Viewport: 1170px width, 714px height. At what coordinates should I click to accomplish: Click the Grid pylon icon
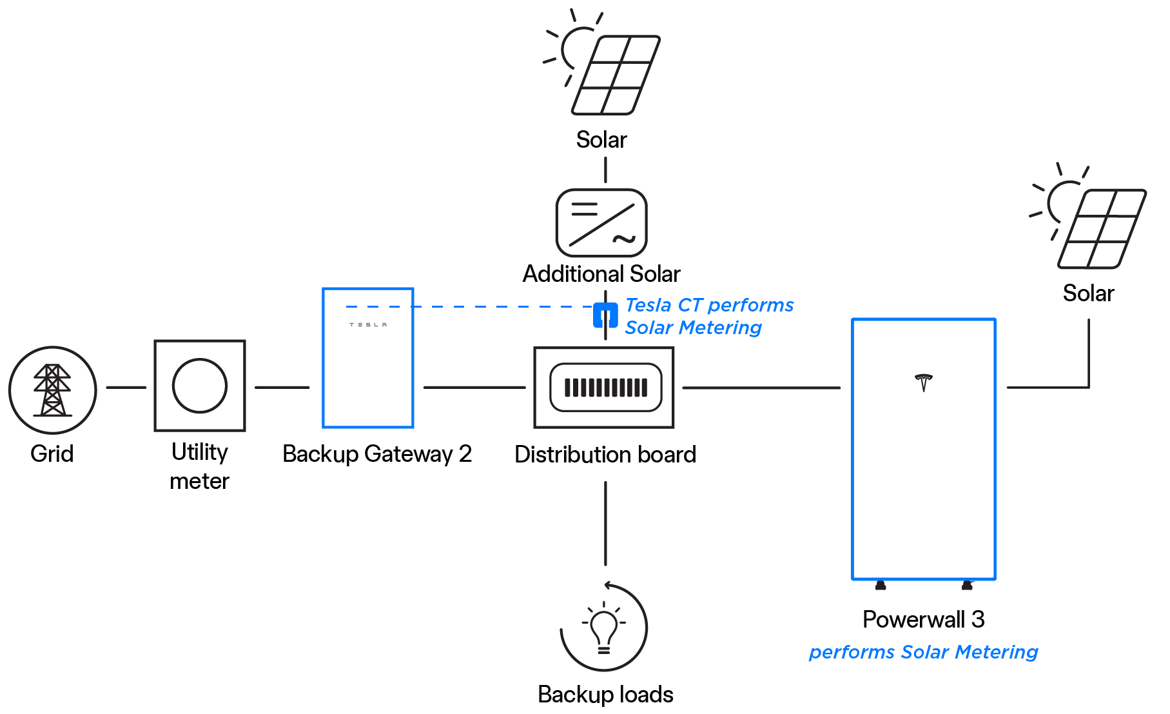(52, 390)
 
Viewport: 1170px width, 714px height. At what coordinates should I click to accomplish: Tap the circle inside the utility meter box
(200, 386)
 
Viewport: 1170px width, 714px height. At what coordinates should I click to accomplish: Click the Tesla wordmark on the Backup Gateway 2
(368, 324)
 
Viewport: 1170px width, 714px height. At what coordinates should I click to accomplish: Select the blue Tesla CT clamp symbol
(605, 315)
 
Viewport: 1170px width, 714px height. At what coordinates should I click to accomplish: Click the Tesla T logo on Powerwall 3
(924, 382)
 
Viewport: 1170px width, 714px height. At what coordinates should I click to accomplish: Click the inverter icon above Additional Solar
(601, 223)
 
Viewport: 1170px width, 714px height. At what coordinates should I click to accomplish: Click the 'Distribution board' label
(605, 455)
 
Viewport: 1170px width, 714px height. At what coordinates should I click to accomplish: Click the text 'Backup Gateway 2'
(377, 454)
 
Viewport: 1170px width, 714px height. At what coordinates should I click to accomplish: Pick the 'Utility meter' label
(200, 466)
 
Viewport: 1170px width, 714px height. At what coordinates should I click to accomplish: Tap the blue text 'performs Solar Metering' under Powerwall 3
(924, 652)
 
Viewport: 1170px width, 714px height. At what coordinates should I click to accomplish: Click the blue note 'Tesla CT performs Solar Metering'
(709, 316)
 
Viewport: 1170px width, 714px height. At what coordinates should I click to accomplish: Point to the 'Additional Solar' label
(601, 273)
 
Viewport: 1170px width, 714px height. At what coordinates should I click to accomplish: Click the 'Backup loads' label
(605, 695)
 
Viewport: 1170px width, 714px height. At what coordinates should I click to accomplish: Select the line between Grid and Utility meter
(126, 388)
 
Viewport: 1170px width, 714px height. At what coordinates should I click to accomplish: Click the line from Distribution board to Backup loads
(605, 523)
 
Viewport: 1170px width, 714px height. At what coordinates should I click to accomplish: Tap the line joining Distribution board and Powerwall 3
(761, 388)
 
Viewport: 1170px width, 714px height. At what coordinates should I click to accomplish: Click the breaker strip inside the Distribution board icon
(606, 388)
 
